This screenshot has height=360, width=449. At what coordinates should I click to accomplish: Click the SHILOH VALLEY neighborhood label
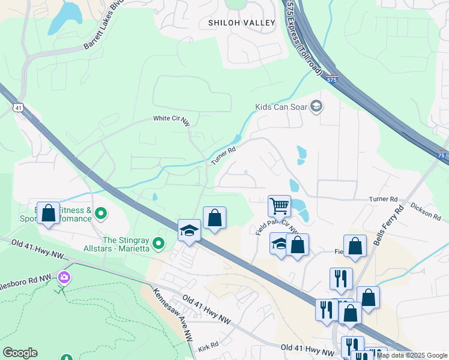coord(241,23)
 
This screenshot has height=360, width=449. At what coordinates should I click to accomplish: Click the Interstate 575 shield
coord(333,79)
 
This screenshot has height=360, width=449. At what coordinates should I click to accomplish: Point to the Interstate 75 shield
coord(441,154)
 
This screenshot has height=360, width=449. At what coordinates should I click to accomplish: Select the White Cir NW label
coord(171,120)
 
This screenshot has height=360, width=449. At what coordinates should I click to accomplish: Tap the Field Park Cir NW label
coord(277,221)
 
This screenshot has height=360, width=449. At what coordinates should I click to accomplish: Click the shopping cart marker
coord(279,206)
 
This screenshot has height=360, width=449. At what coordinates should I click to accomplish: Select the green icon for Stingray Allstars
coord(158,243)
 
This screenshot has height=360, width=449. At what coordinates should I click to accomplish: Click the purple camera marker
coord(64,278)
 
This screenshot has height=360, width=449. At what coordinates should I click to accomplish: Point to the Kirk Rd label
coord(208,346)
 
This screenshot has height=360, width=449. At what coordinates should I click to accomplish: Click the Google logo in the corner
coord(20,353)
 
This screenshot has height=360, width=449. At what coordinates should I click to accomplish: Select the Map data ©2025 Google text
coord(412,355)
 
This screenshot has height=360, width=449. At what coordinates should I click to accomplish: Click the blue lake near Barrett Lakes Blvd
coord(66,17)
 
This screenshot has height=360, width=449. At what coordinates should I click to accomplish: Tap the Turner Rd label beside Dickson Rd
coord(384,199)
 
